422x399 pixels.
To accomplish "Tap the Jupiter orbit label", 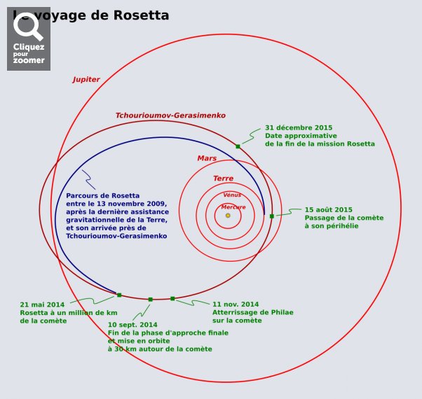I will [86, 80].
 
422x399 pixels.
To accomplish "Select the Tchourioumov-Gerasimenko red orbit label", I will [170, 115].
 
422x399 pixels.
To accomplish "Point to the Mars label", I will [207, 158].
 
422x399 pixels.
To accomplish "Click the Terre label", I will [223, 178].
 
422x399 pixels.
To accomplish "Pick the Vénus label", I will [232, 195].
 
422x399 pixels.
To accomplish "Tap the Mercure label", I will [233, 207].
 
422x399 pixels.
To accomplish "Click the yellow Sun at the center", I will [228, 216].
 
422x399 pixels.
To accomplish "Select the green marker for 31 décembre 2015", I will [238, 146].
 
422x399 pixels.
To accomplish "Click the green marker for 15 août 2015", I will [272, 216].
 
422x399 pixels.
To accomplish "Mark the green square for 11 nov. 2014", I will [172, 299].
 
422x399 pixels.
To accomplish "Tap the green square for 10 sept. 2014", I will [150, 300].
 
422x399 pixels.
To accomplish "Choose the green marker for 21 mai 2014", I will [119, 295].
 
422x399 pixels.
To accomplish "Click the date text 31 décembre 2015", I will [299, 128].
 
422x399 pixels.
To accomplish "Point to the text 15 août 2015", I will [328, 209].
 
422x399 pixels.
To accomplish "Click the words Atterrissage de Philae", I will [252, 312].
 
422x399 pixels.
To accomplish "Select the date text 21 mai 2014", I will [42, 304].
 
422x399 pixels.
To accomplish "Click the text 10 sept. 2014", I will [132, 325].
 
